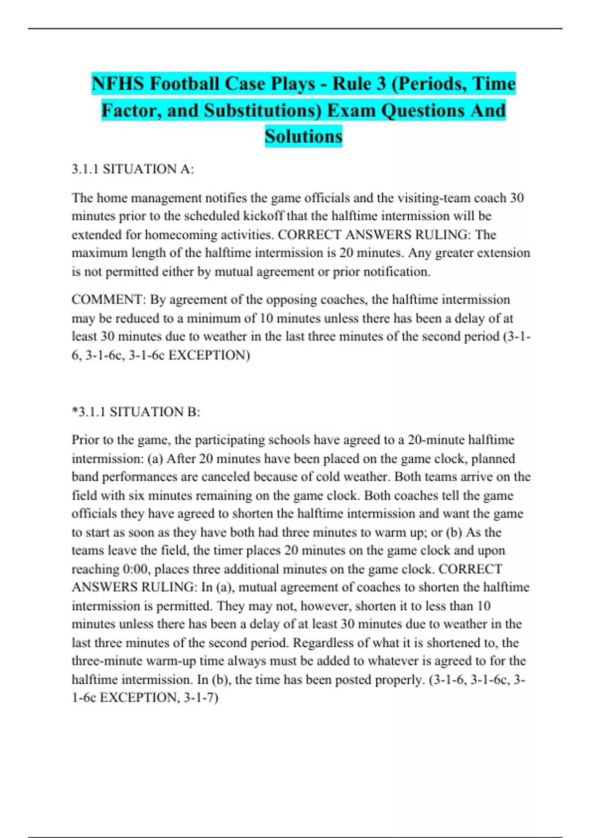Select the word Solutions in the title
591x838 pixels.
coord(303,136)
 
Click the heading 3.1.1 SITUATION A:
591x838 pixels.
coord(133,169)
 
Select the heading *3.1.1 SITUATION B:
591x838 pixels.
coord(136,412)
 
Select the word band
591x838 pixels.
coord(84,477)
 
